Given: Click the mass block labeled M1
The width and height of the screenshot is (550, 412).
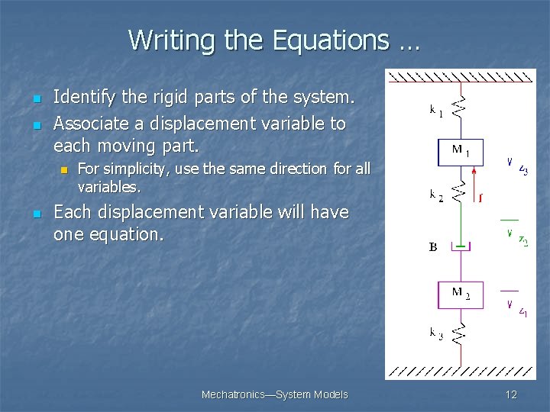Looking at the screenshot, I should [460, 152].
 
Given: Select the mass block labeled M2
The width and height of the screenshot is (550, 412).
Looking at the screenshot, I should [460, 295].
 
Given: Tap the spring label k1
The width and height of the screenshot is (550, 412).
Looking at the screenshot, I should [436, 111].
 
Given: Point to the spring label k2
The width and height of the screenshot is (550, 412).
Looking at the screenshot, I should [436, 195].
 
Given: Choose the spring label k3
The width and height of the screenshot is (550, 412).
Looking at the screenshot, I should [436, 334].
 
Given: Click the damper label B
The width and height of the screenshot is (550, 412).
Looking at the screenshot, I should [433, 247].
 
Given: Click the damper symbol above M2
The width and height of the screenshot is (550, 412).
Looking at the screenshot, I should [460, 246].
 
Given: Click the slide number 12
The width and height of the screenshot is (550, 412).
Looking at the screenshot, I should [511, 394].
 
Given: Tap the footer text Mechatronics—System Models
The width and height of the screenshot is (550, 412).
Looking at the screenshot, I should [274, 394].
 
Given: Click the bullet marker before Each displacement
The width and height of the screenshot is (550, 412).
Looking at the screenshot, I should [34, 214].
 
